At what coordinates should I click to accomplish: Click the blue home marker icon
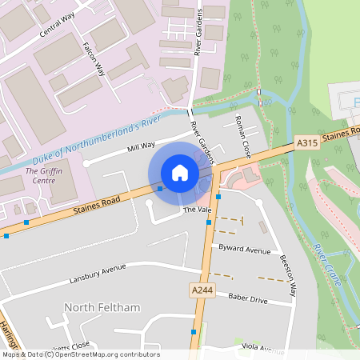(180, 173)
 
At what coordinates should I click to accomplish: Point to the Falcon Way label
(94, 58)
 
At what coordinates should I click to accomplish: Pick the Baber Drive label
(247, 299)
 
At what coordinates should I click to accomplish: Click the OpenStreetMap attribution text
(80, 354)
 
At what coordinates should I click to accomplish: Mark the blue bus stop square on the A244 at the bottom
(194, 331)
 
